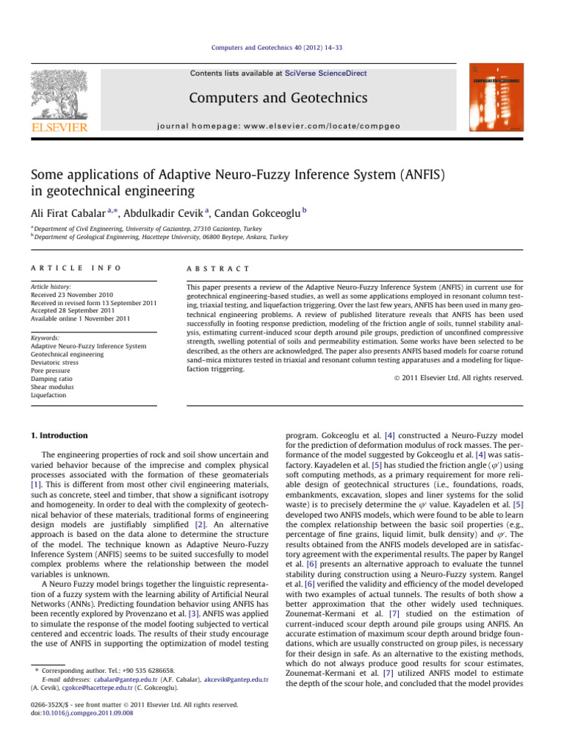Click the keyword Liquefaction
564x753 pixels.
[x=48, y=395]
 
